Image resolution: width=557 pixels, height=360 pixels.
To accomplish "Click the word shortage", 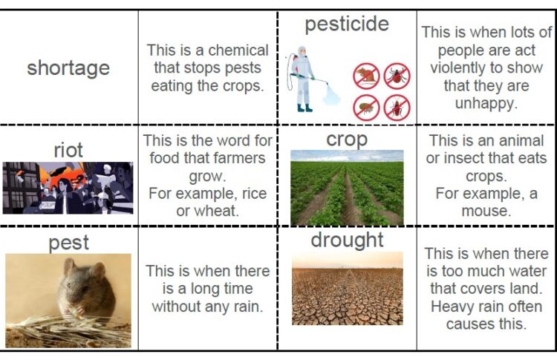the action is [68, 68].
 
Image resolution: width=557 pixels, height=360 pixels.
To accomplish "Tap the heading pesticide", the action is [347, 24].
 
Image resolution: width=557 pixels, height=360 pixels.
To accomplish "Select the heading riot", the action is [68, 150].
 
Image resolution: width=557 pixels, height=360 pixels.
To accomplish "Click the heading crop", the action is [347, 140].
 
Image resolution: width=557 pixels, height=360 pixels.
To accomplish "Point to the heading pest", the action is [68, 243].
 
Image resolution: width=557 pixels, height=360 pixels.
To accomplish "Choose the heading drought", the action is [347, 240].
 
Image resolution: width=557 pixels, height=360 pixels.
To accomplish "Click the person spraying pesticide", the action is [302, 79].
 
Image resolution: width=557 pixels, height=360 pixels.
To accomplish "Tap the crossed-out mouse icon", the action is [366, 76].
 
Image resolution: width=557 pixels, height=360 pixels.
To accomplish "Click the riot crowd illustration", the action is [68, 188].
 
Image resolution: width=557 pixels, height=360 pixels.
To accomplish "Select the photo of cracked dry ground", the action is [348, 288].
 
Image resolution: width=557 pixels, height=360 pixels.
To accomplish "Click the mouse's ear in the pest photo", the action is [70, 267].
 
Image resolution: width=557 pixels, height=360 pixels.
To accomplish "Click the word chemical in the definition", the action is [238, 50].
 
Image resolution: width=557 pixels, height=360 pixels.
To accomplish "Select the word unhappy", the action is [486, 103].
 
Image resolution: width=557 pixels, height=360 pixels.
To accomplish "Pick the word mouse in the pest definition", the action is [486, 211].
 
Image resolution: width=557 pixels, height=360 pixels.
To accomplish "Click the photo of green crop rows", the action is [347, 188].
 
